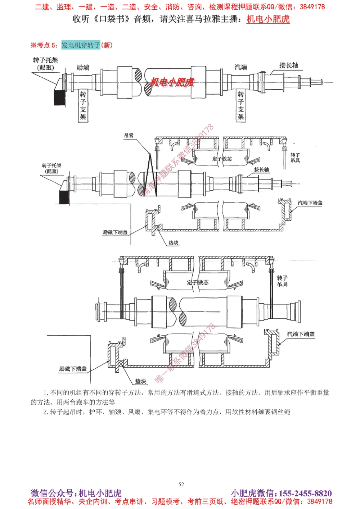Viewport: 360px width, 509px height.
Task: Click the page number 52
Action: (x=181, y=484)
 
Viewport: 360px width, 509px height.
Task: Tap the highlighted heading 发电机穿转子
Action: (x=81, y=45)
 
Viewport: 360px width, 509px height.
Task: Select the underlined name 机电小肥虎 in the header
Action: (x=268, y=19)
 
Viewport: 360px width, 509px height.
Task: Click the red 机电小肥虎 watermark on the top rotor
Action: (x=172, y=82)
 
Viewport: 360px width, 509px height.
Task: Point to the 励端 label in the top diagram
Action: (x=83, y=67)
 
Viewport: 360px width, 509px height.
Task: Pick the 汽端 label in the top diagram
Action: (x=241, y=67)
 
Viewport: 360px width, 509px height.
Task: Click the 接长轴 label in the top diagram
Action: (x=288, y=65)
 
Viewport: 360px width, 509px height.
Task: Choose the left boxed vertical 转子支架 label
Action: (x=83, y=106)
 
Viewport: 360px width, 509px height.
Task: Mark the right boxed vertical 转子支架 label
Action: (x=240, y=106)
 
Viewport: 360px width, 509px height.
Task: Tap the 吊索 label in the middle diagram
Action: (x=129, y=135)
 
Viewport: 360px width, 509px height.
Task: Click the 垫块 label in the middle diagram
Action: (x=174, y=243)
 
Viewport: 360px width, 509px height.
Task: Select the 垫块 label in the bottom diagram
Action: (x=141, y=381)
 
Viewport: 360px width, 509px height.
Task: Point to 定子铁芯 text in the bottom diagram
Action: (x=198, y=282)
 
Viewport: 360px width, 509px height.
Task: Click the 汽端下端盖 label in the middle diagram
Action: (x=310, y=203)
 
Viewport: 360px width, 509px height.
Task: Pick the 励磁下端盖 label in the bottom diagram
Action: (x=73, y=369)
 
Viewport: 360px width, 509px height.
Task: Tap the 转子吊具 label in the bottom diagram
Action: (x=282, y=281)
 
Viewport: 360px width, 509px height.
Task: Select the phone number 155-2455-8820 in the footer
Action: (x=305, y=493)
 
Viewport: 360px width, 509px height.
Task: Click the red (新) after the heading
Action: (x=107, y=45)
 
